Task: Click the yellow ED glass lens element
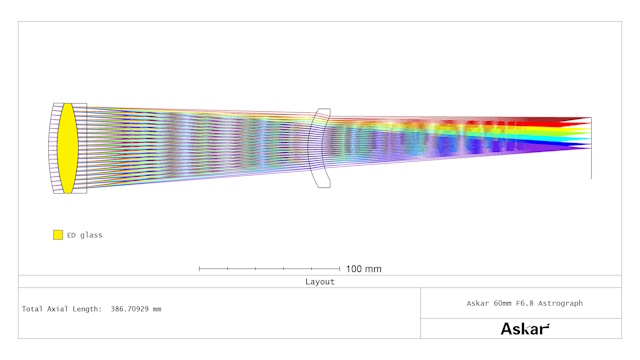coord(67,148)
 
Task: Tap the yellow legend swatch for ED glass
coord(58,235)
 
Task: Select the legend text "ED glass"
coord(84,235)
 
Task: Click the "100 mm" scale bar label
coord(364,269)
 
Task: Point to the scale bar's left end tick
coord(199,269)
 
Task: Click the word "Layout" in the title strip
coord(320,282)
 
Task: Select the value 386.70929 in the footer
coord(129,309)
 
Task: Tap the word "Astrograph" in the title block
coord(560,303)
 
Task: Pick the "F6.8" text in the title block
coord(524,303)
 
